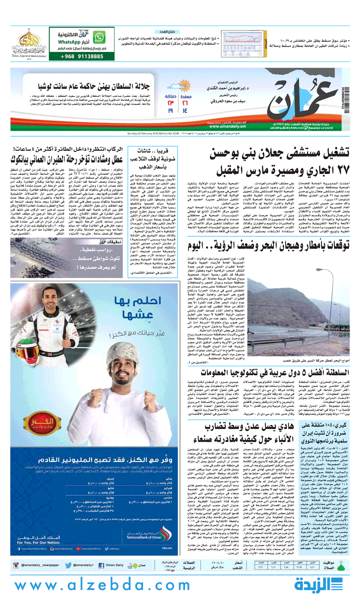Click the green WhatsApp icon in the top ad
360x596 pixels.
click(x=101, y=36)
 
